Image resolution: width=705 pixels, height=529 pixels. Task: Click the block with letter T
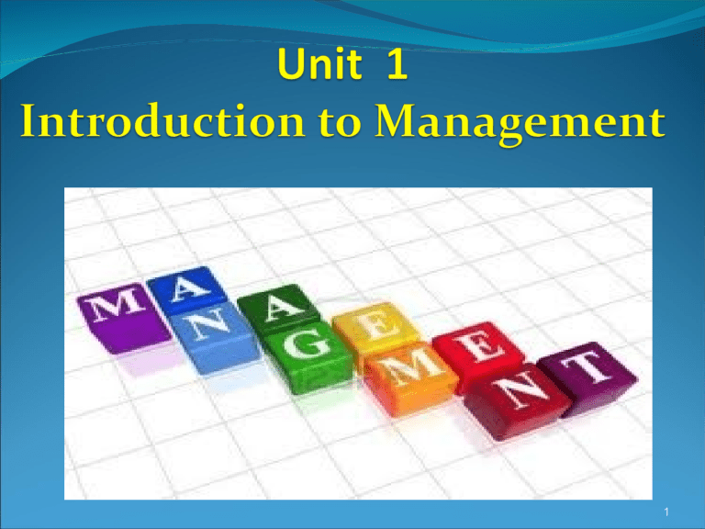585,368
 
